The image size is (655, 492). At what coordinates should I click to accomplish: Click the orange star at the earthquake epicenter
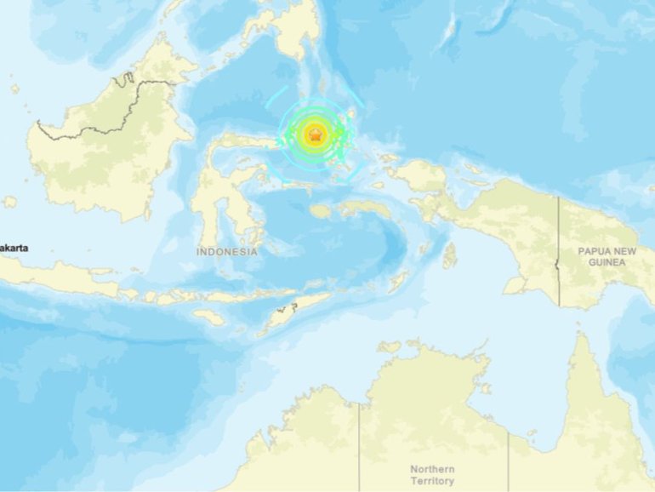tap(316, 134)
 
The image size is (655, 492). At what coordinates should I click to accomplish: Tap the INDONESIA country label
tap(227, 252)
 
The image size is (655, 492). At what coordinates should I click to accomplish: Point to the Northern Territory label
tap(432, 475)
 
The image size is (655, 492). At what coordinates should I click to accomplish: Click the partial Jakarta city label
tap(14, 247)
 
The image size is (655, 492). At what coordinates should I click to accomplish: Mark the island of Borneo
tap(111, 145)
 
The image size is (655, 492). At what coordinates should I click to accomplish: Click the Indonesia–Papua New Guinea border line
tap(559, 255)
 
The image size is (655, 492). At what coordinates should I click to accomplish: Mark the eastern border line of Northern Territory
tap(509, 460)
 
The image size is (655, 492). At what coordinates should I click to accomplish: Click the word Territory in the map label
tap(432, 481)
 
